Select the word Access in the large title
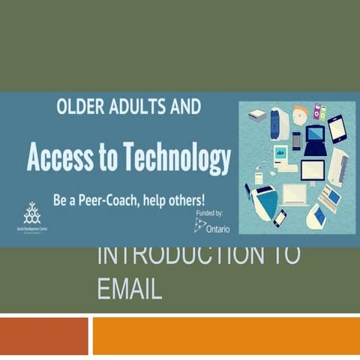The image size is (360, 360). pyautogui.click(x=64, y=158)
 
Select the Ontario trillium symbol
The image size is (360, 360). pyautogui.click(x=199, y=224)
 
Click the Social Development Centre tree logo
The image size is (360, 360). pyautogui.click(x=31, y=213)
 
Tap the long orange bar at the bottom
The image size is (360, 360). pyautogui.click(x=225, y=335)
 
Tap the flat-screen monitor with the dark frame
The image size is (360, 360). pyautogui.click(x=312, y=171)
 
